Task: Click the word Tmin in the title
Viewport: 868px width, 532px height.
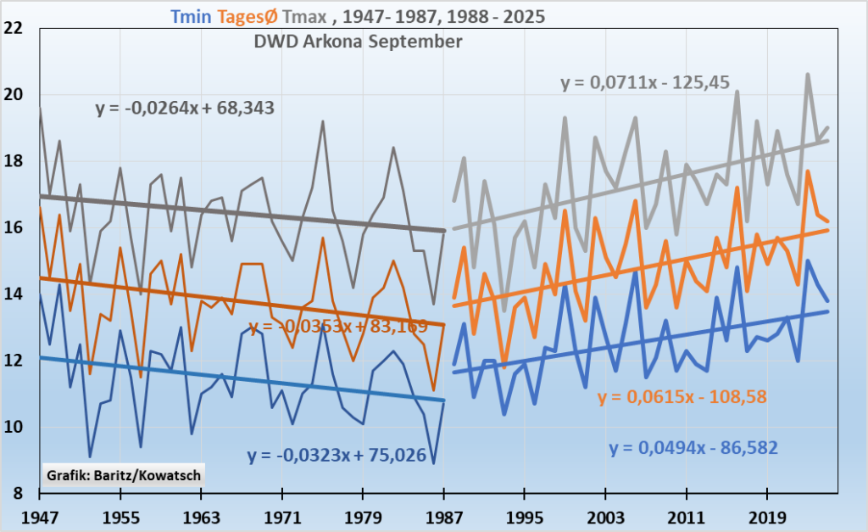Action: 186,15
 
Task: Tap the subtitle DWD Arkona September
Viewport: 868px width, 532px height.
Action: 358,42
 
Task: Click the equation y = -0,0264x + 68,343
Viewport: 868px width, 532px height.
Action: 184,109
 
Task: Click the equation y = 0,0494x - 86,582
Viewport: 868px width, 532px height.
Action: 693,448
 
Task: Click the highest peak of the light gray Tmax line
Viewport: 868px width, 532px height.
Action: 808,74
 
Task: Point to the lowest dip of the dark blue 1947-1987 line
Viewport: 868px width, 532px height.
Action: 434,463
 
